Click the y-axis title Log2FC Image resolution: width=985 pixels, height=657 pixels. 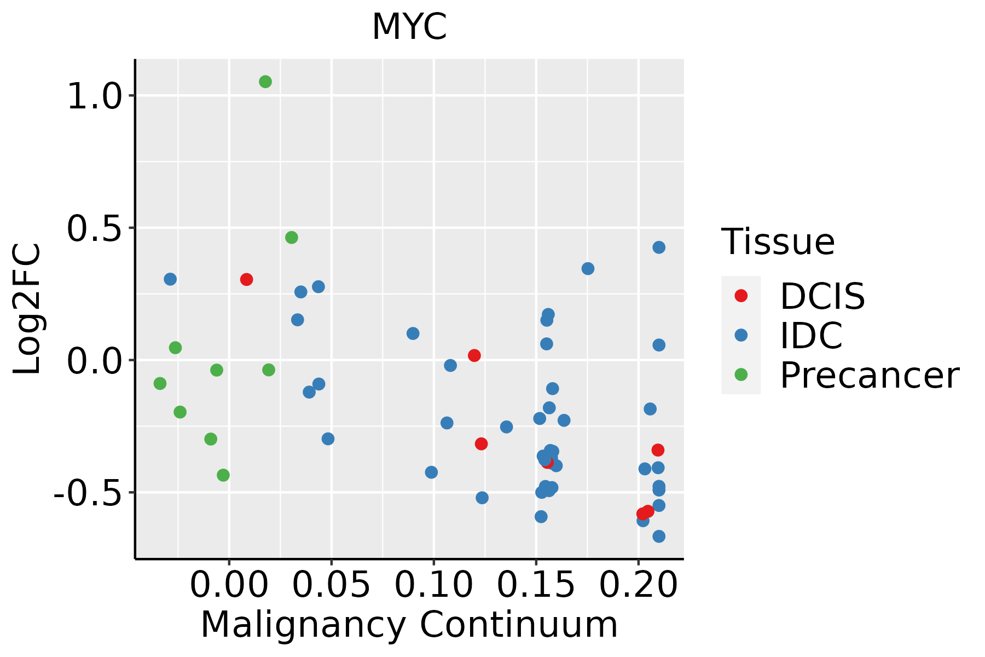[x=27, y=309]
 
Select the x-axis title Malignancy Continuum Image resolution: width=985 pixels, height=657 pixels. [x=409, y=625]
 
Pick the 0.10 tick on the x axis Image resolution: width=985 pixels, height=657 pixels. [x=433, y=585]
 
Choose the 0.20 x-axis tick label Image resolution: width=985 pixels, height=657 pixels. [x=638, y=585]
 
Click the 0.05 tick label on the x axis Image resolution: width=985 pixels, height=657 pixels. [x=331, y=585]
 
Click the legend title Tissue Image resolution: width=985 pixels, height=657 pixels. [x=778, y=241]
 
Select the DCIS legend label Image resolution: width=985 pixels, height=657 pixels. [x=822, y=296]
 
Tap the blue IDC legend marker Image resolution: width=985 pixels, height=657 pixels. [x=741, y=335]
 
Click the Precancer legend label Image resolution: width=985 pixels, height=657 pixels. [x=869, y=376]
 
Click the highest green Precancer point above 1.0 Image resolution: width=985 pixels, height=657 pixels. [x=265, y=82]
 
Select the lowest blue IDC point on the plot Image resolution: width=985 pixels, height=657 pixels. [x=659, y=536]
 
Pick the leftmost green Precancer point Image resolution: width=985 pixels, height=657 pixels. [x=160, y=383]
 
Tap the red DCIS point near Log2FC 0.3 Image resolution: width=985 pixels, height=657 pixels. [x=246, y=280]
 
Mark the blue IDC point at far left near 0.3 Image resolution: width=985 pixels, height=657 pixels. [x=170, y=279]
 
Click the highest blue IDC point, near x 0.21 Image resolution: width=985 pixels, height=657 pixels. [x=659, y=247]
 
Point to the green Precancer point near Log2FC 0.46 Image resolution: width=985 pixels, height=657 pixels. [x=292, y=238]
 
